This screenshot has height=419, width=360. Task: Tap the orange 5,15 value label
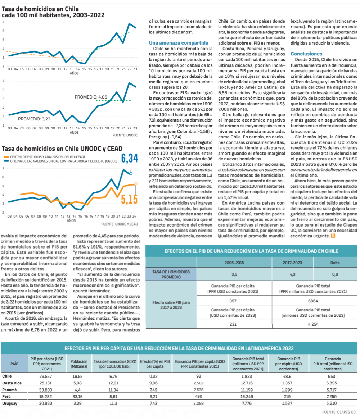pos(129,199)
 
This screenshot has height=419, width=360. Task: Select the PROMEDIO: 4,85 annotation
pos(91,97)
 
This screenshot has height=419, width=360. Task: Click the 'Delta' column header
pos(334,263)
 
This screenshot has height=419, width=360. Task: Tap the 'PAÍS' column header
pos(14,364)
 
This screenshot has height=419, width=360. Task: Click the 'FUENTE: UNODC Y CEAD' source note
pos(120,224)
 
